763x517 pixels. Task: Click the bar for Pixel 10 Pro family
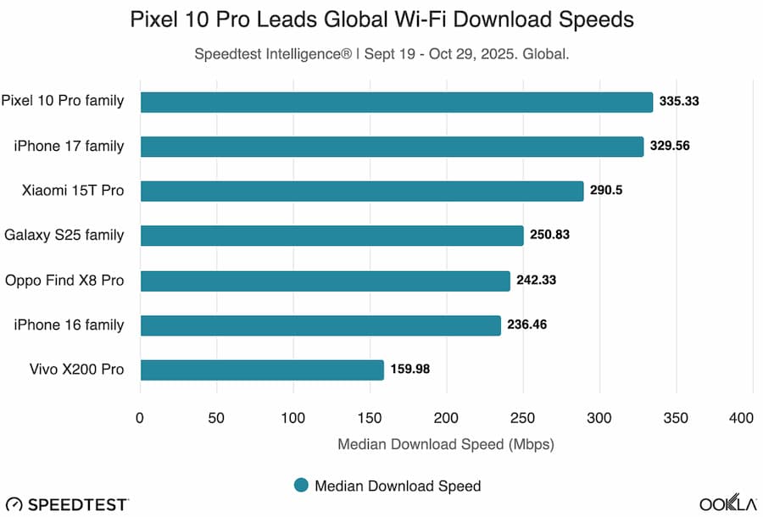click(x=396, y=102)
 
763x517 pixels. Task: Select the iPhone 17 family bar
click(x=392, y=147)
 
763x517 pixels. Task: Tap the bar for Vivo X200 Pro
click(x=262, y=370)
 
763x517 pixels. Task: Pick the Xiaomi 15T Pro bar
click(x=362, y=191)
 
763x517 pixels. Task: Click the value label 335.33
click(x=681, y=102)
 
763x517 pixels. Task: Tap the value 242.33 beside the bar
click(x=537, y=281)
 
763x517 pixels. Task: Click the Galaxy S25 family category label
click(x=64, y=235)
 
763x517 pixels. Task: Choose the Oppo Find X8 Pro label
click(x=64, y=280)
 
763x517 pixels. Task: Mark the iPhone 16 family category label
click(x=69, y=325)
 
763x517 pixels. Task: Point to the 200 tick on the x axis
click(x=446, y=418)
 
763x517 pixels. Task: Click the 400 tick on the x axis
click(x=741, y=418)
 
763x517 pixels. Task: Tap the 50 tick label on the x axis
click(x=216, y=418)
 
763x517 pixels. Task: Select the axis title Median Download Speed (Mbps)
click(x=446, y=443)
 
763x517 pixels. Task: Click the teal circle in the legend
click(x=300, y=486)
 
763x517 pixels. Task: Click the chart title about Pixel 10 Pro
click(x=381, y=19)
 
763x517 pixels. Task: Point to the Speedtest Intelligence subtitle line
click(x=381, y=53)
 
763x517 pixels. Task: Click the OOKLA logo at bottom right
click(x=727, y=503)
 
